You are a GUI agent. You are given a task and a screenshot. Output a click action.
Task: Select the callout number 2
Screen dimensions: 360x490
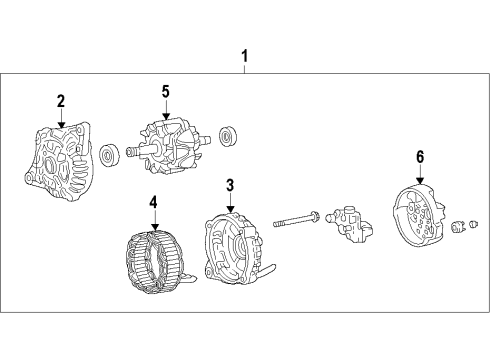click(x=60, y=100)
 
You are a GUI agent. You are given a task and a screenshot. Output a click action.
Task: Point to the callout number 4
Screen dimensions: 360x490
click(x=153, y=202)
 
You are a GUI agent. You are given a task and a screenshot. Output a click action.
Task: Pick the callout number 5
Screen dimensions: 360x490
click(x=165, y=92)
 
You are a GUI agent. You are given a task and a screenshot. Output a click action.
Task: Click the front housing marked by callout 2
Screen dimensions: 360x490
click(x=58, y=159)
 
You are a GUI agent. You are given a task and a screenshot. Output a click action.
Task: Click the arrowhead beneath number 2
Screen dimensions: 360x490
click(x=62, y=122)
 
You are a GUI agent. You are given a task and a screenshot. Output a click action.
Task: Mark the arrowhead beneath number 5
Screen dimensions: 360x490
click(x=166, y=114)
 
